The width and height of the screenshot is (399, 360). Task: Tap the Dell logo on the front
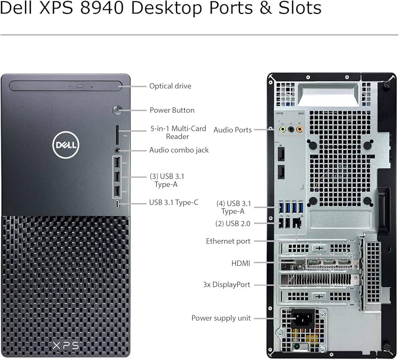tap(66, 144)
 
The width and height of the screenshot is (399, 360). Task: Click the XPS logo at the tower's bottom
tap(66, 345)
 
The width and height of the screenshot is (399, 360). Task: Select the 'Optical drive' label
tap(170, 86)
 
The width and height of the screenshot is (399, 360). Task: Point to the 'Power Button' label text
tap(172, 110)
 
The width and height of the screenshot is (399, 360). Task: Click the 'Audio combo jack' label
tap(179, 150)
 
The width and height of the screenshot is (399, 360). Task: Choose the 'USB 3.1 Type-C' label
tap(174, 202)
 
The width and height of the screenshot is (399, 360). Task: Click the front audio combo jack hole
tap(117, 151)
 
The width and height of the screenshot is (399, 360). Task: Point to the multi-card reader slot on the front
tap(117, 132)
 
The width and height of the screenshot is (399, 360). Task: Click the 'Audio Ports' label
tap(233, 130)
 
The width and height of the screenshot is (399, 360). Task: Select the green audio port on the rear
tap(282, 130)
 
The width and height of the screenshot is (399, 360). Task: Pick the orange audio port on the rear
tap(299, 130)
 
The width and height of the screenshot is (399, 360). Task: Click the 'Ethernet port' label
tap(228, 241)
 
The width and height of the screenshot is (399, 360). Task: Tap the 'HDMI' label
tap(241, 264)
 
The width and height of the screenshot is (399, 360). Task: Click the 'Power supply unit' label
tap(221, 318)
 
